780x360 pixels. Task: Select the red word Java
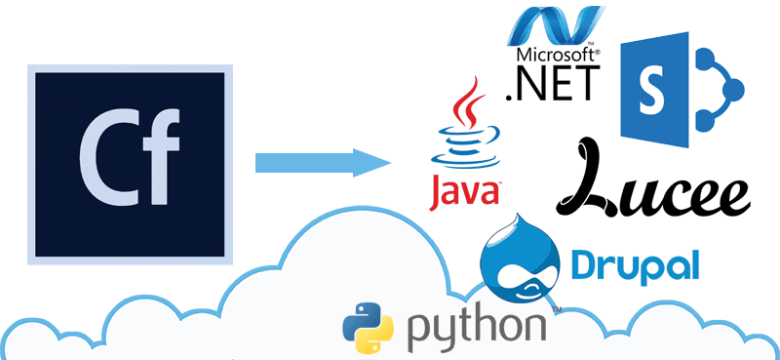click(x=466, y=191)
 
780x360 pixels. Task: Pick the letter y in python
click(x=445, y=333)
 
